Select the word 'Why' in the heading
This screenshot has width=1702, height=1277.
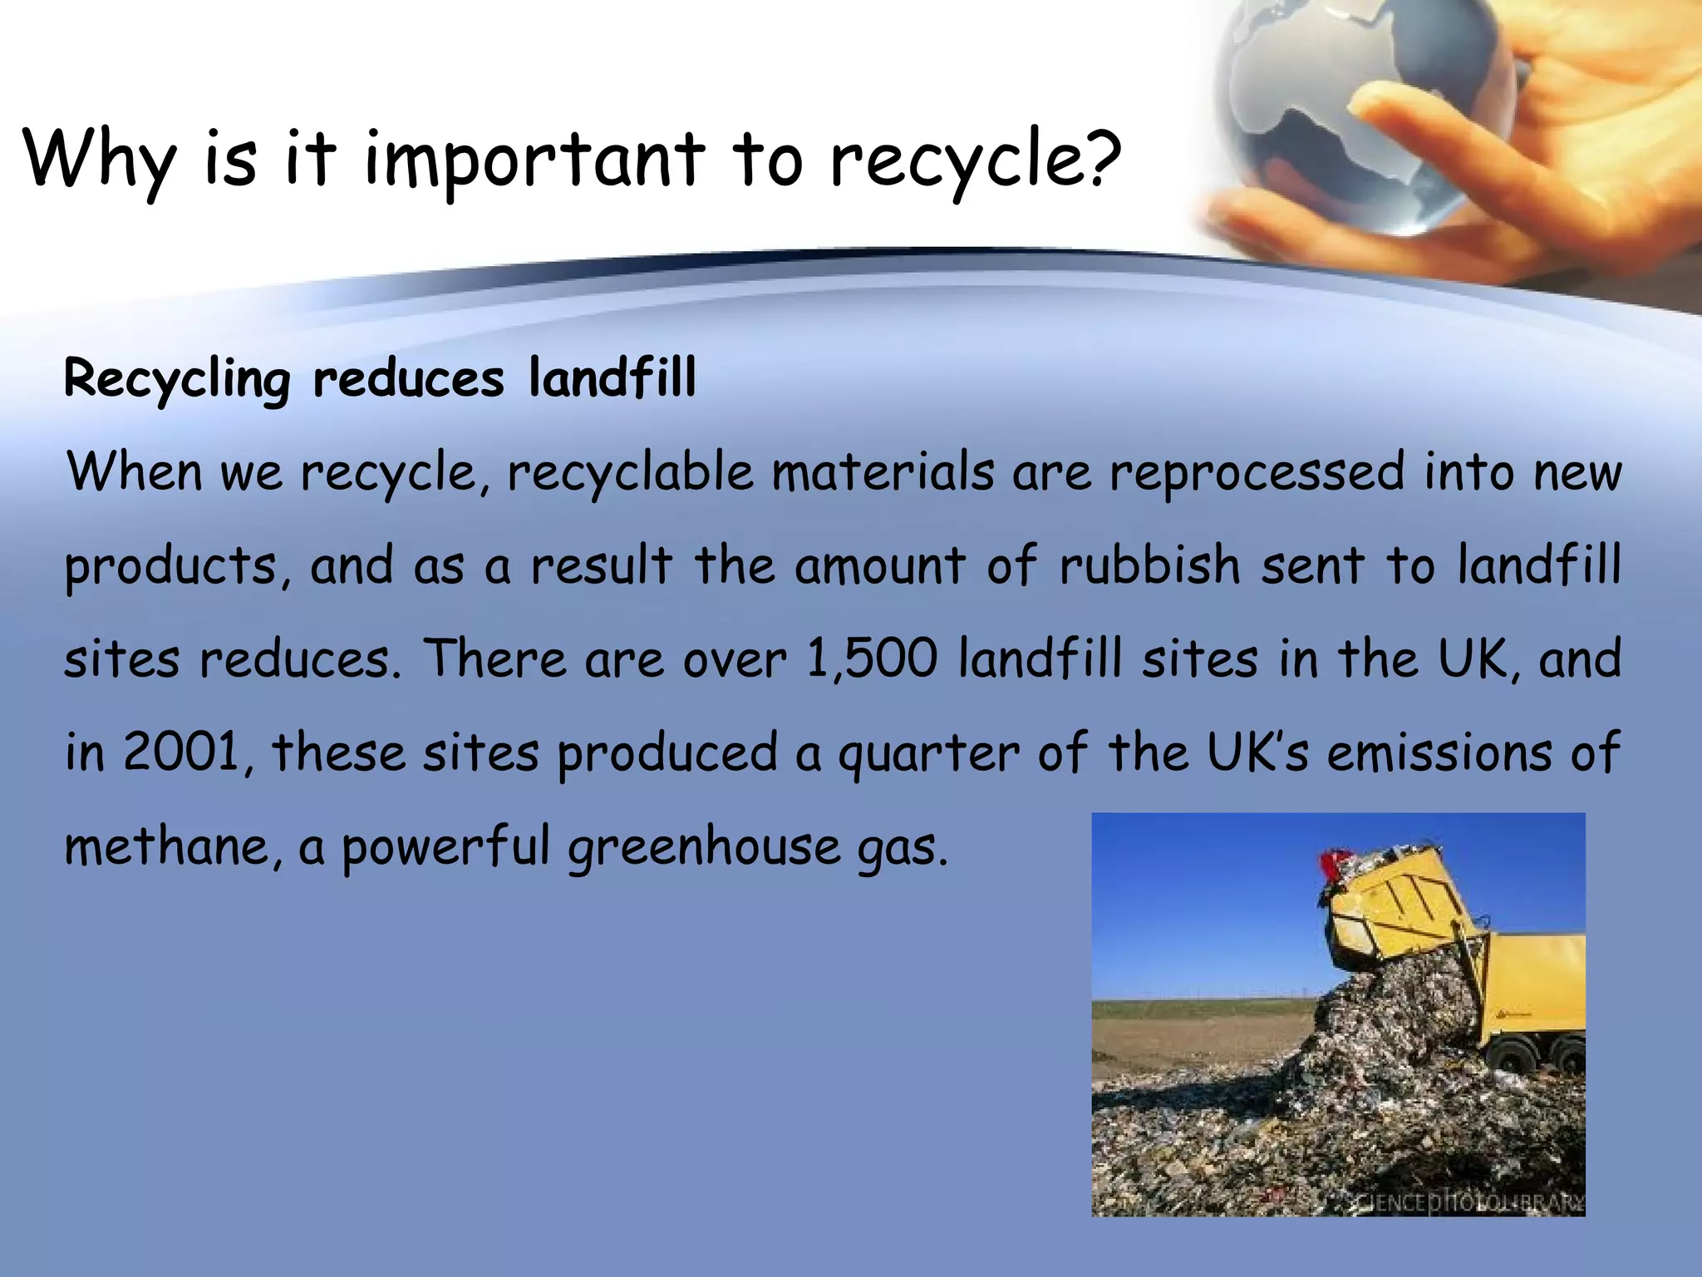click(x=100, y=160)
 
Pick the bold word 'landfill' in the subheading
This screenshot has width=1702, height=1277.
click(x=612, y=378)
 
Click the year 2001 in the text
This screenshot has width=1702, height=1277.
click(x=182, y=752)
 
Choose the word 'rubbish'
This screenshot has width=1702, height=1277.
click(x=1150, y=565)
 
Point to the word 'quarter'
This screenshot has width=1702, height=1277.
click(x=928, y=753)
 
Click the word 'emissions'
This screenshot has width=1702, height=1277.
click(x=1439, y=752)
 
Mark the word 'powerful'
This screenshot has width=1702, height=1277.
click(x=445, y=848)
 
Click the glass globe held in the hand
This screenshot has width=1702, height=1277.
click(x=1330, y=108)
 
